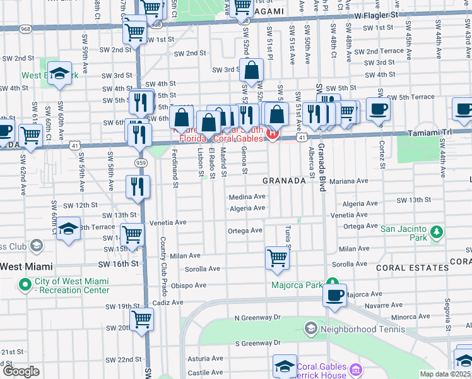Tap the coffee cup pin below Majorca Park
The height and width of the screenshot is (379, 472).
(334, 294)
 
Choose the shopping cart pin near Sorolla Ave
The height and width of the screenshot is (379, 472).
(277, 257)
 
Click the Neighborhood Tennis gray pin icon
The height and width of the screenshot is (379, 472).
(310, 328)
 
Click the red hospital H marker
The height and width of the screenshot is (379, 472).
(272, 133)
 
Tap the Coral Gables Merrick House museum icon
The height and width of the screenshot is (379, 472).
(357, 371)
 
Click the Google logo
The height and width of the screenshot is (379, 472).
(21, 371)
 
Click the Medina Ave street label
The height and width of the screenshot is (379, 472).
(247, 196)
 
